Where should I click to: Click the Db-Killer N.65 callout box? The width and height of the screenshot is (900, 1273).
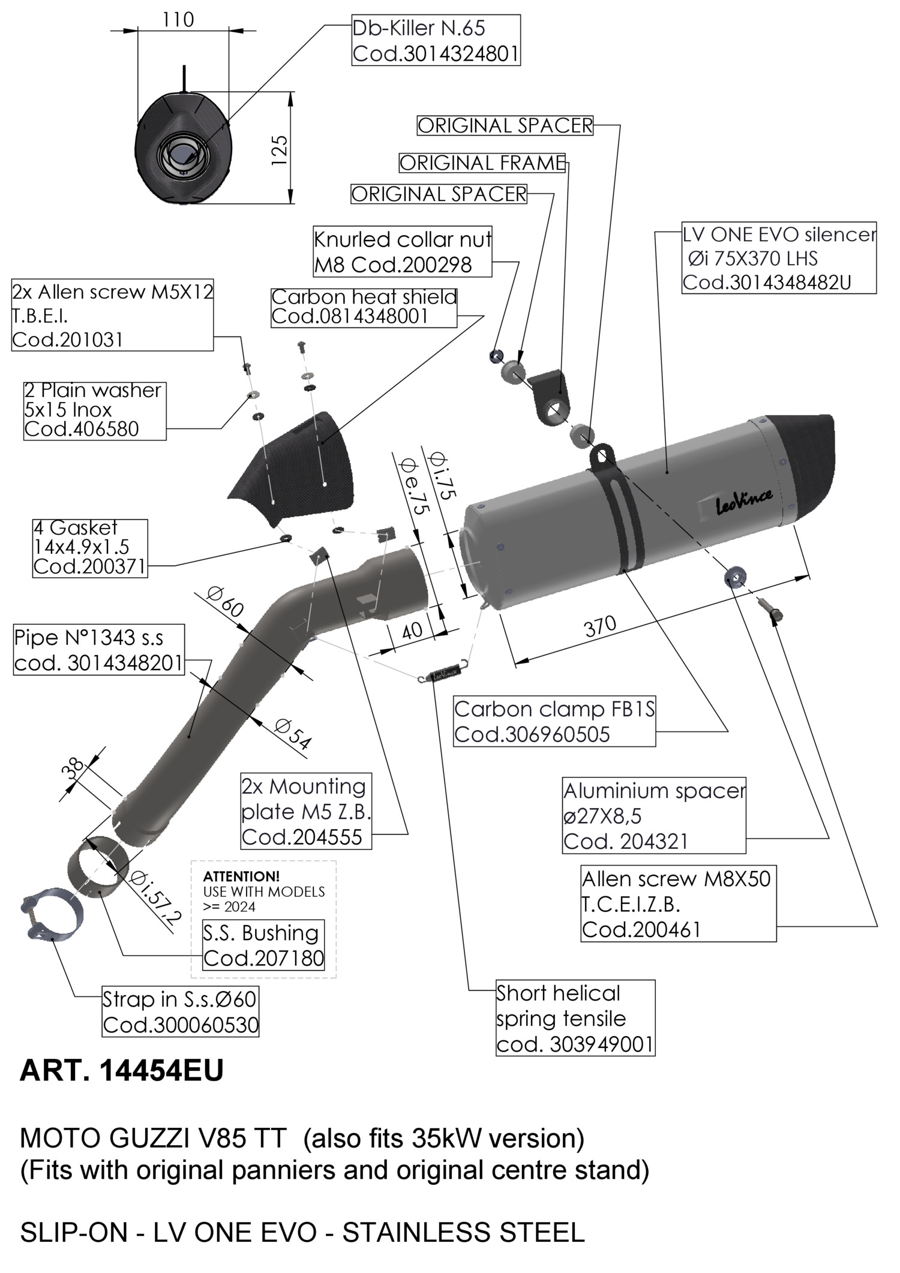pyautogui.click(x=436, y=41)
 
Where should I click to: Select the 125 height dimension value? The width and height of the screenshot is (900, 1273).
pyautogui.click(x=280, y=150)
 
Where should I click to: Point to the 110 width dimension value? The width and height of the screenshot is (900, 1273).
pyautogui.click(x=178, y=20)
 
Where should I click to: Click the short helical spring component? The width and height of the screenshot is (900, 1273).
pyautogui.click(x=445, y=674)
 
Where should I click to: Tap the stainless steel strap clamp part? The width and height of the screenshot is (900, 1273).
pyautogui.click(x=49, y=915)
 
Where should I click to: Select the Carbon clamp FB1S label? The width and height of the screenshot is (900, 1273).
pyautogui.click(x=554, y=722)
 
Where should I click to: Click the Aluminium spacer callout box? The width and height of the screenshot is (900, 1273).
pyautogui.click(x=654, y=816)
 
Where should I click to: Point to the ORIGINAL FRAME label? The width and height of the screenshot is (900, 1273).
pyautogui.click(x=482, y=163)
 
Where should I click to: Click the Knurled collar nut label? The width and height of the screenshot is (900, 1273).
pyautogui.click(x=403, y=252)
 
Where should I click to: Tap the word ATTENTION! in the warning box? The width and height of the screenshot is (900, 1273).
pyautogui.click(x=241, y=876)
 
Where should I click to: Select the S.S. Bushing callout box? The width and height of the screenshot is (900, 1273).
pyautogui.click(x=263, y=945)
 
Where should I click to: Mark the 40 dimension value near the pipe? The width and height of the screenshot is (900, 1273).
pyautogui.click(x=412, y=631)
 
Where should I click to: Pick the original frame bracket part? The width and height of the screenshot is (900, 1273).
pyautogui.click(x=550, y=396)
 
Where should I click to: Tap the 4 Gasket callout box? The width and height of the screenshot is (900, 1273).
pyautogui.click(x=90, y=548)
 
